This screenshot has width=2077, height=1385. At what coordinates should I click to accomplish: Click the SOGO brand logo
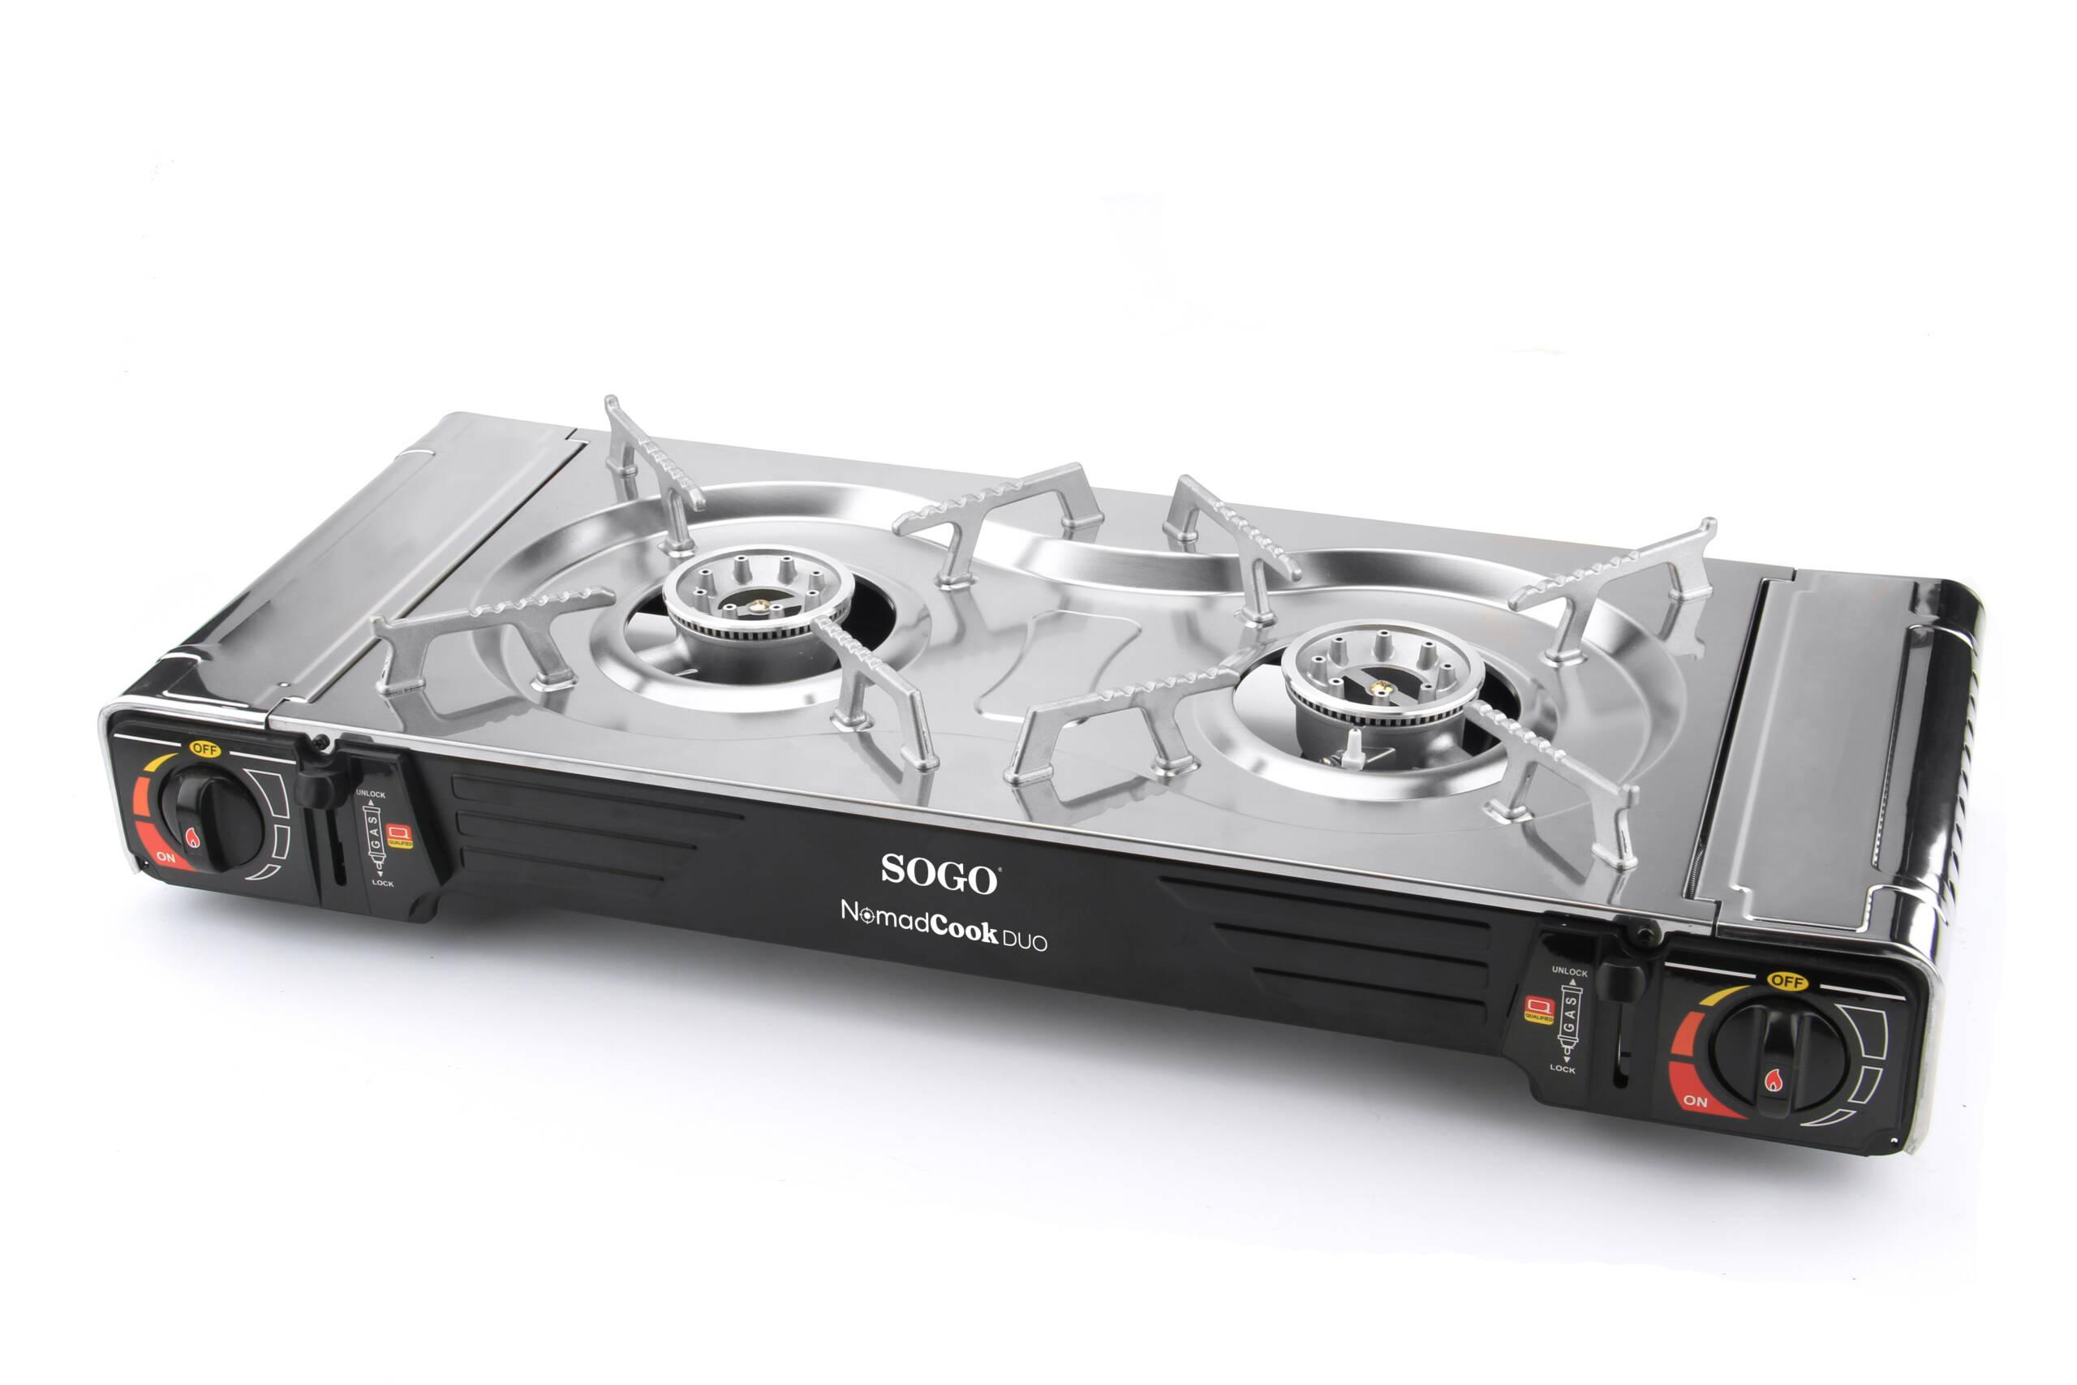[x=940, y=873]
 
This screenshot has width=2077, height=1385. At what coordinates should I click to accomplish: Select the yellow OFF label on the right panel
[x=1787, y=981]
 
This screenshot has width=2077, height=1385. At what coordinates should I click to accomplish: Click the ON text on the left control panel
[x=166, y=857]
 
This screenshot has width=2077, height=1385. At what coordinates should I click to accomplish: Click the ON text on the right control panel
[x=1696, y=1100]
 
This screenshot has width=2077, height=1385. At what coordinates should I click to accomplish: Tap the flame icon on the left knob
[x=192, y=837]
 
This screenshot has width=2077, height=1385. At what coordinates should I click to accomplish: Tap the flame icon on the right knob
[x=1774, y=1079]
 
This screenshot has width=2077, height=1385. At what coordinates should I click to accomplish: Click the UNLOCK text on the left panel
[x=371, y=795]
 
